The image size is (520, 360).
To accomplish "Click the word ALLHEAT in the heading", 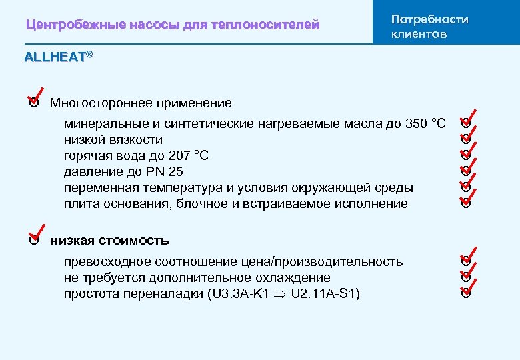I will (55, 57).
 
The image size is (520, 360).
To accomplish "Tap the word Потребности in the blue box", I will (429, 19).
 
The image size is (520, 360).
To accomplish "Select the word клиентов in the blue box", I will (419, 34).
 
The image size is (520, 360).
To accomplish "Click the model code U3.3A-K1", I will (243, 293).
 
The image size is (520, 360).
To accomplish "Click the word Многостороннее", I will (101, 103).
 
